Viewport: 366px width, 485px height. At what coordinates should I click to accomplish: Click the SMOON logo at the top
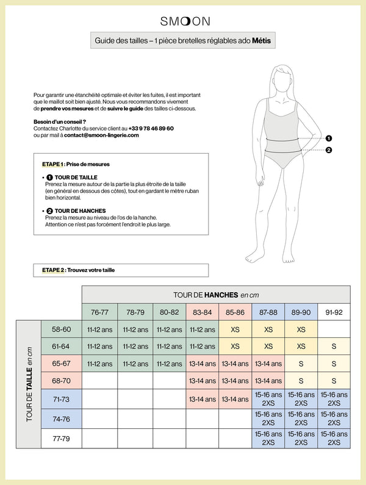(x=185, y=21)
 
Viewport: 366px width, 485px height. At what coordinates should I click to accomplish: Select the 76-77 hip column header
(x=99, y=312)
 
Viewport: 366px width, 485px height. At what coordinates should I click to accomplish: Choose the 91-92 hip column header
(x=334, y=312)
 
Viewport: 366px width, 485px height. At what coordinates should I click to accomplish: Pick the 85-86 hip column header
(x=235, y=312)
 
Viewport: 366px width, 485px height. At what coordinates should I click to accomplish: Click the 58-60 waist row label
(x=62, y=329)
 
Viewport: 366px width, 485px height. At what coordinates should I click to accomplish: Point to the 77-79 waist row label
(x=62, y=438)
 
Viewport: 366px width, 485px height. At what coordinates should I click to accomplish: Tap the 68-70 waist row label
(x=62, y=381)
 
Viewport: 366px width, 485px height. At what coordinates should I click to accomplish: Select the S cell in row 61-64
(x=334, y=346)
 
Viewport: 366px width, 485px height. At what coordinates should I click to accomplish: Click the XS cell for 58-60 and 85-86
(x=235, y=329)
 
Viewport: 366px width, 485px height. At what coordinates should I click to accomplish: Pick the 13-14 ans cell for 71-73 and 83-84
(x=202, y=400)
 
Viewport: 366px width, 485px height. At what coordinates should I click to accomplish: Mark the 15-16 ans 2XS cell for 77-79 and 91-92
(x=334, y=438)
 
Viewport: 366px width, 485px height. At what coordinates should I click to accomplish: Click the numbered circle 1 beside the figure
(x=328, y=138)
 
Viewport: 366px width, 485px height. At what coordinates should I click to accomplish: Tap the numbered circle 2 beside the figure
(x=328, y=150)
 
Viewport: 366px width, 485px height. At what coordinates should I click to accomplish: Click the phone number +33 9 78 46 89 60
(x=151, y=129)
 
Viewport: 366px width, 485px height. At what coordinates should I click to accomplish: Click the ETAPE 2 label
(x=53, y=270)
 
